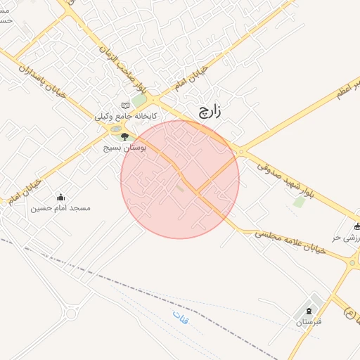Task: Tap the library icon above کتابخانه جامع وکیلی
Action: point(126,105)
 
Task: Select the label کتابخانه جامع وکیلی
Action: point(126,117)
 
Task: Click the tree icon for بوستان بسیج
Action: point(125,136)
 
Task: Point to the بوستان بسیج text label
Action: point(124,148)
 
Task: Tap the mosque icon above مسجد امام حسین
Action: point(60,197)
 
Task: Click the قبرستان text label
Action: point(308,322)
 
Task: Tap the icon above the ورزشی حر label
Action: point(357,227)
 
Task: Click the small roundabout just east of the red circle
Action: point(240,151)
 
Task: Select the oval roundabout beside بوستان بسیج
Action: point(115,129)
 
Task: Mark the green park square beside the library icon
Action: point(139,101)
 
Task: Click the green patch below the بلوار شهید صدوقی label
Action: point(300,202)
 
